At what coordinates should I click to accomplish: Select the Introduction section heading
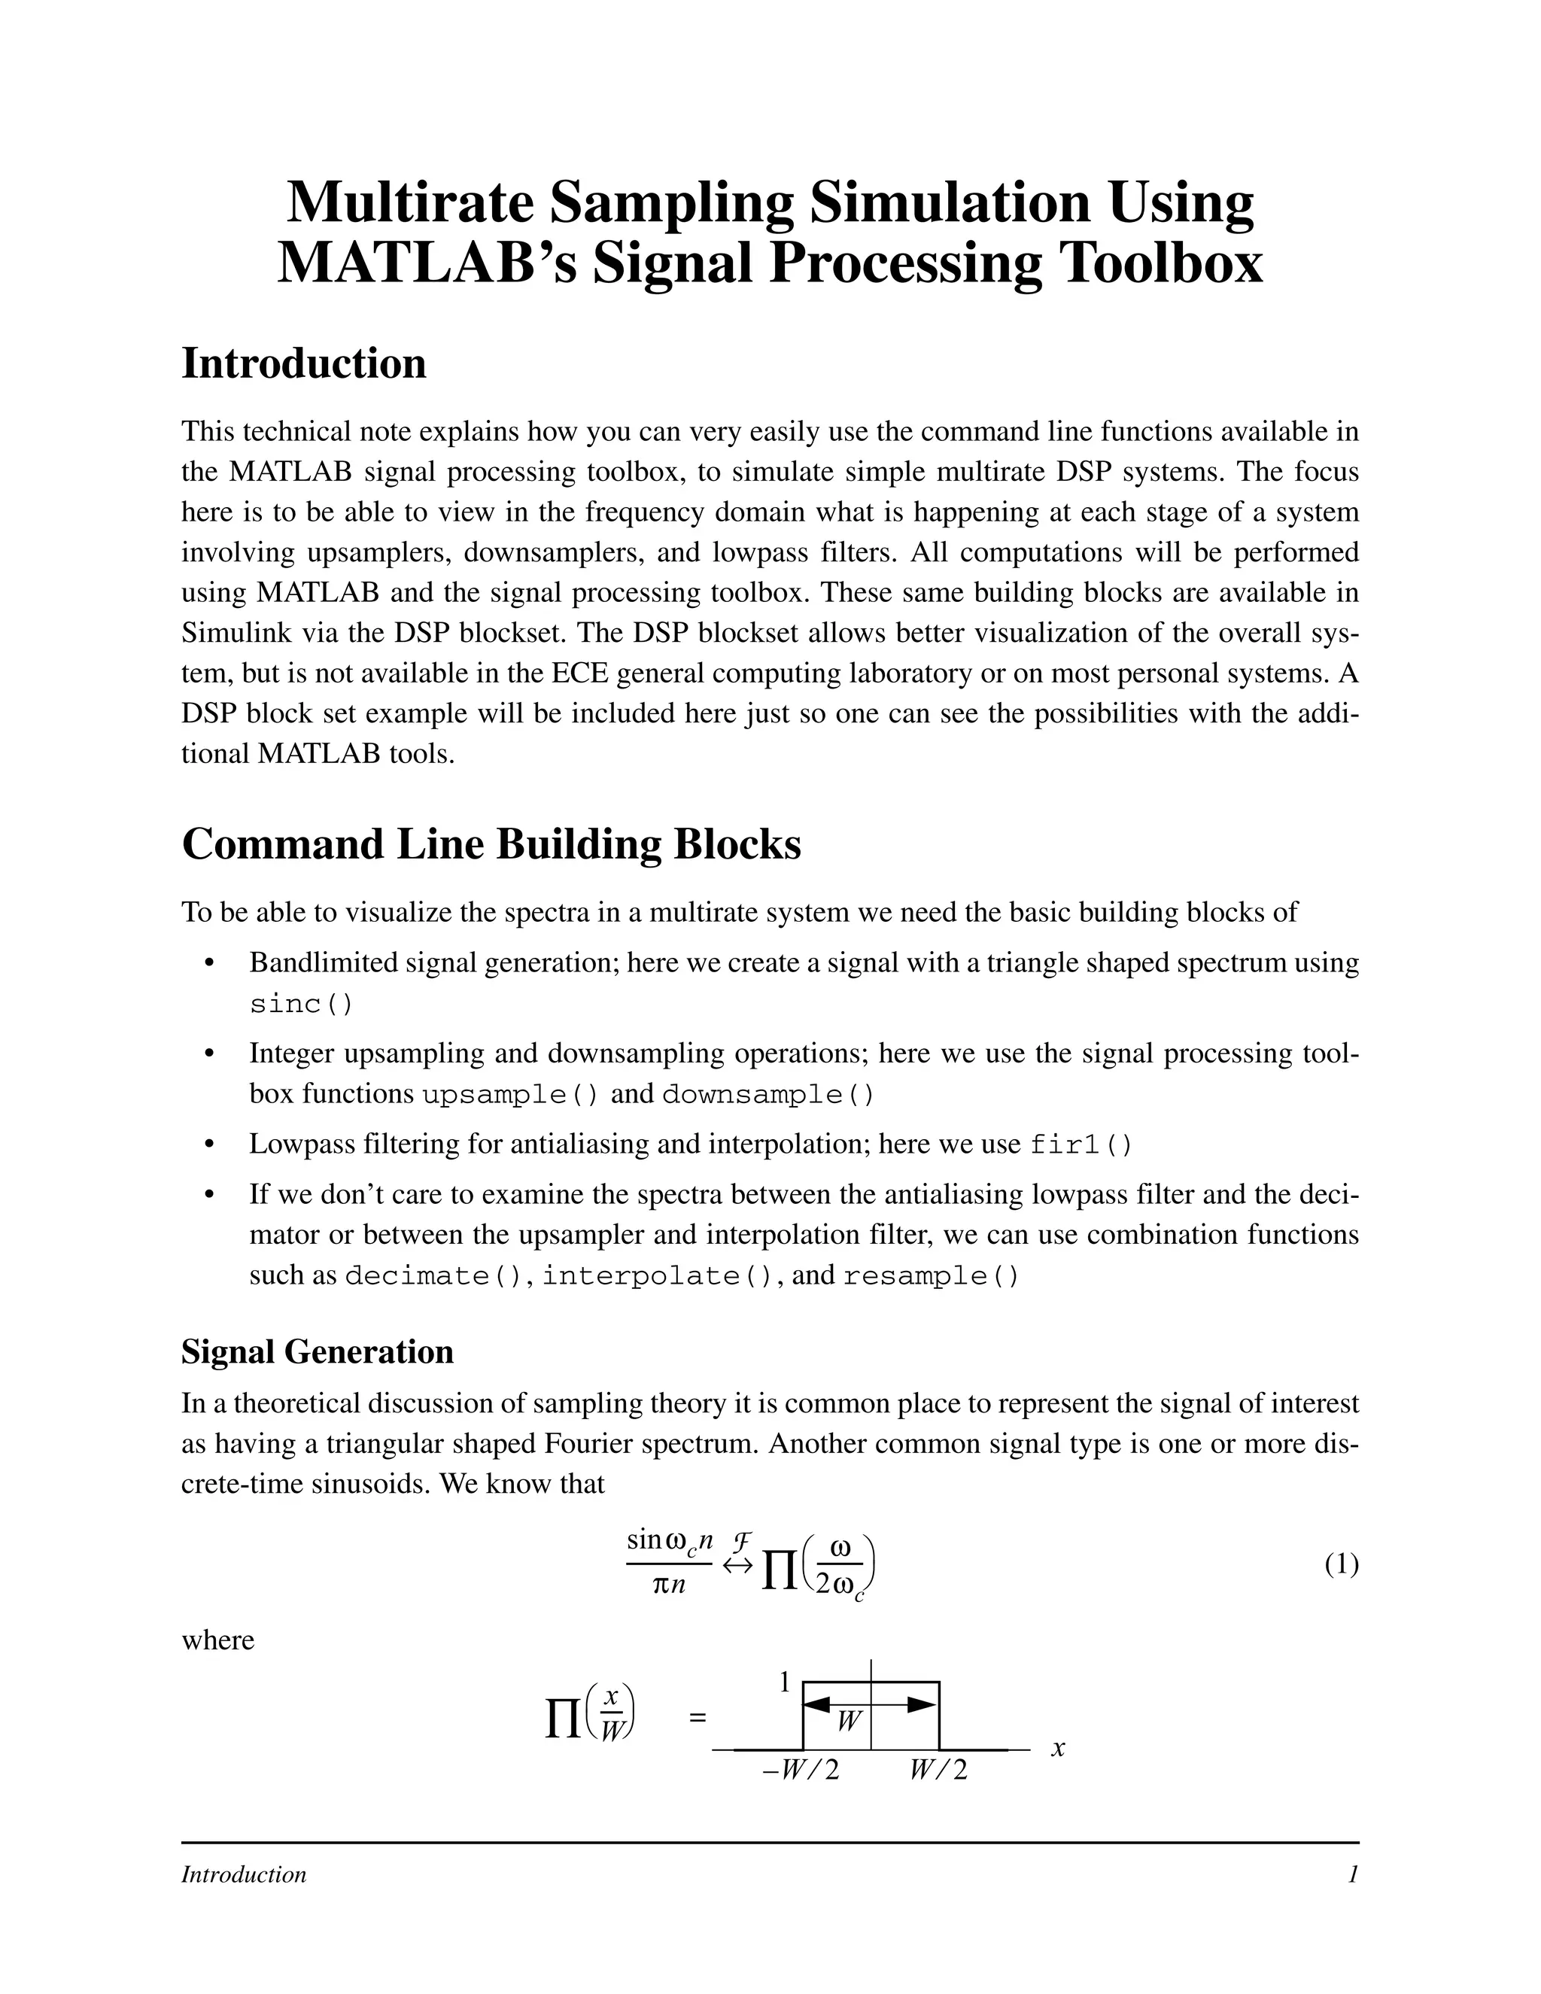[304, 363]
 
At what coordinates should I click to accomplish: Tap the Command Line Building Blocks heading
[491, 843]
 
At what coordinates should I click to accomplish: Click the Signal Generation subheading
[317, 1351]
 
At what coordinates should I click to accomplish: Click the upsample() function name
[510, 1094]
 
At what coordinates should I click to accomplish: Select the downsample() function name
[767, 1094]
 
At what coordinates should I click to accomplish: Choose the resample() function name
[930, 1275]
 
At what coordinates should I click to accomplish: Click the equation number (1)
[1341, 1564]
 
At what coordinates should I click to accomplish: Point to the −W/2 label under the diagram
[800, 1771]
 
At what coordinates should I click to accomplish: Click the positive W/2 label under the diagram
[938, 1771]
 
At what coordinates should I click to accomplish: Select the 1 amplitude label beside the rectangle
[783, 1681]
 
